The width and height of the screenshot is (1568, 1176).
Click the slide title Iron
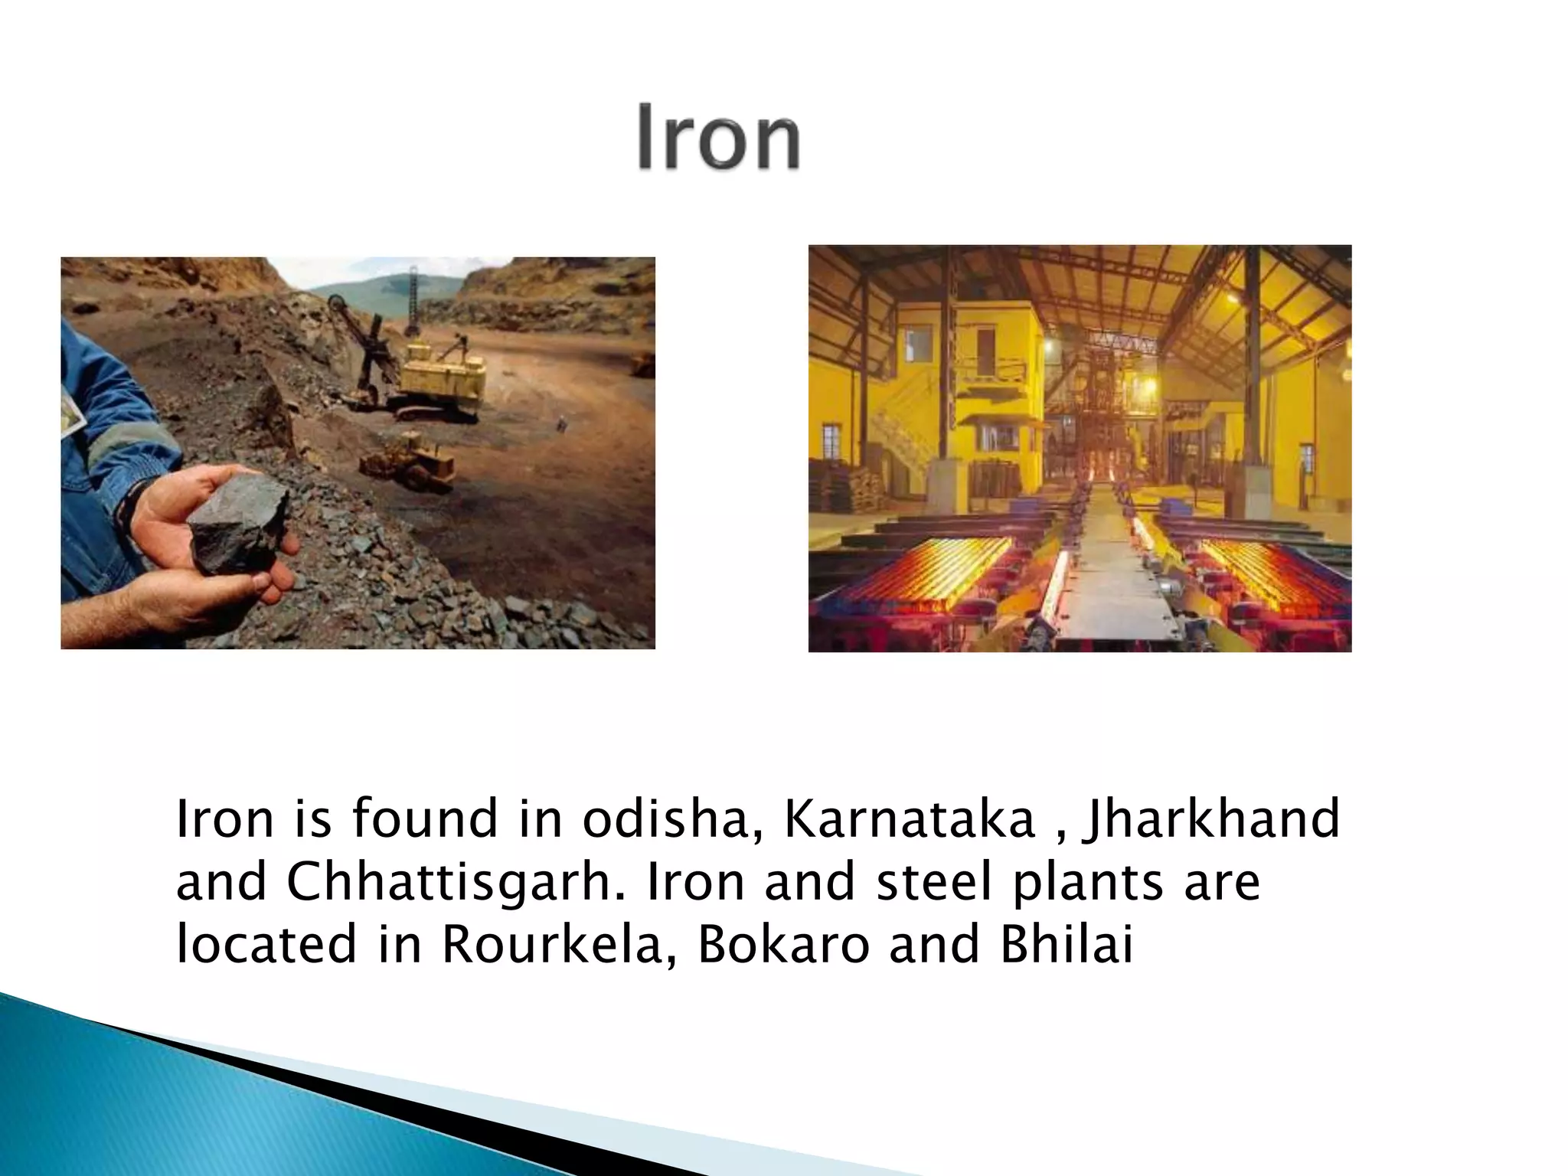coord(719,138)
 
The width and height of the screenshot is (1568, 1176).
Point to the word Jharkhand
coord(1210,818)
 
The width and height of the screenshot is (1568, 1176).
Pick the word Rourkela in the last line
coord(550,944)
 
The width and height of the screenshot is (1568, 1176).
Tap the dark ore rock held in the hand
coord(237,520)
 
